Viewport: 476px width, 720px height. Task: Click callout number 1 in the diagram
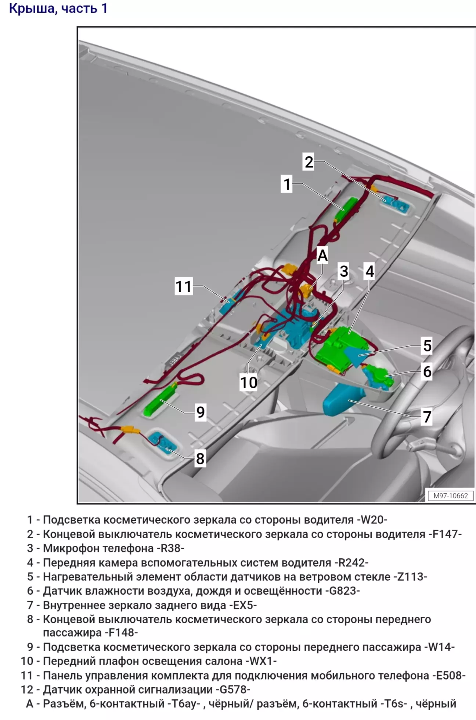287,184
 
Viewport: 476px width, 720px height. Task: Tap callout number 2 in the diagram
309,162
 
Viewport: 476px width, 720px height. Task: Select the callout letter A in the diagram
322,255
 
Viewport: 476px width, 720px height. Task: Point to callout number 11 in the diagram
184,286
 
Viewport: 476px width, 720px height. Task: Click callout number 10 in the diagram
249,383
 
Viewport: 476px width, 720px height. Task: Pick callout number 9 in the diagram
201,412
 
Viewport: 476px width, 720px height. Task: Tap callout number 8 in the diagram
200,458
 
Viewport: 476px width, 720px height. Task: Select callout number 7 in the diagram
427,417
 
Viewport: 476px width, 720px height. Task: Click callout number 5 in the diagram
427,345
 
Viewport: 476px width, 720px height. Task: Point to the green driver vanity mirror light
346,209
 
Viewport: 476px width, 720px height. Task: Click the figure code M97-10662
451,495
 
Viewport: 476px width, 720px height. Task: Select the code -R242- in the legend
351,563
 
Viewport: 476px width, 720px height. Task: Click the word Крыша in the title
32,9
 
